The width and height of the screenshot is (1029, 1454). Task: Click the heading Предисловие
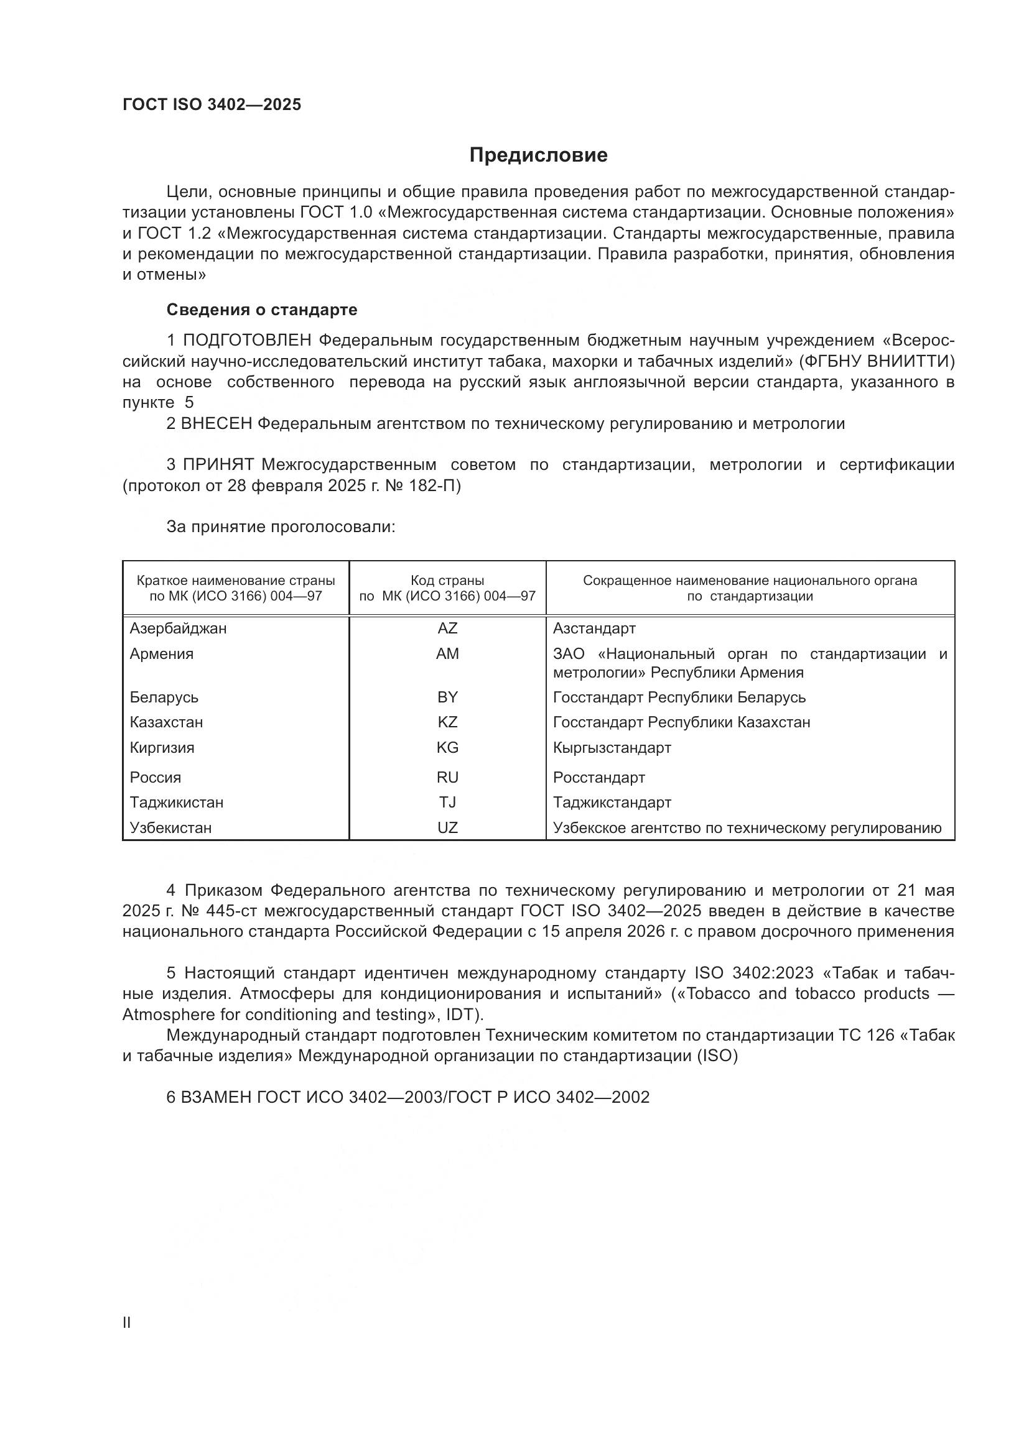pos(538,155)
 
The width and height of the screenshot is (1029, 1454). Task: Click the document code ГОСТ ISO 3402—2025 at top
pos(212,105)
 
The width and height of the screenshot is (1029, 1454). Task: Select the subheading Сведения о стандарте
pos(261,310)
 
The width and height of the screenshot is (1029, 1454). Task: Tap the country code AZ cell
pos(447,628)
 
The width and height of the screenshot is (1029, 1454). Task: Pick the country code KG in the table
pos(447,747)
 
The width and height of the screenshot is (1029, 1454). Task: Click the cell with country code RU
pos(447,777)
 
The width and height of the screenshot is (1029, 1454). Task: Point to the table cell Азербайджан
pos(178,628)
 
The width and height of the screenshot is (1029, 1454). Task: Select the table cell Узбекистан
pos(170,827)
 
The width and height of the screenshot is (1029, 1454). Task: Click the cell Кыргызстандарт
pos(612,747)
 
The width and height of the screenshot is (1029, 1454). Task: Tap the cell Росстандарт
pos(598,777)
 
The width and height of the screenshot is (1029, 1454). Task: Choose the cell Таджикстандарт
pos(612,803)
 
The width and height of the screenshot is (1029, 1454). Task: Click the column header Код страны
pos(447,580)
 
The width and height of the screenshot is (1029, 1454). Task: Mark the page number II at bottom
pos(127,1322)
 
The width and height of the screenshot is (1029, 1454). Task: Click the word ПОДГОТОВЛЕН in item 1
pos(247,341)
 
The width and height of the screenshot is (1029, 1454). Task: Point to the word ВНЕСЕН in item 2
pos(217,424)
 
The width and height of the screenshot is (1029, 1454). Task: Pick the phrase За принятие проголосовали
pos(281,527)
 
